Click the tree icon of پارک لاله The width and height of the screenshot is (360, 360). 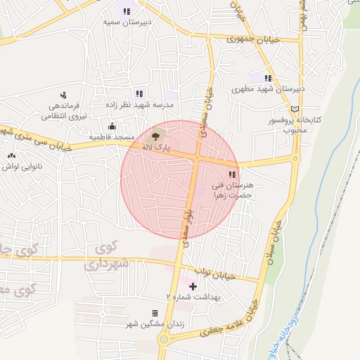pyautogui.click(x=155, y=135)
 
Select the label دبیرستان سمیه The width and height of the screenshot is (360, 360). pyautogui.click(x=127, y=22)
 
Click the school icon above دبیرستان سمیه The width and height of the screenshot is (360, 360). pyautogui.click(x=127, y=11)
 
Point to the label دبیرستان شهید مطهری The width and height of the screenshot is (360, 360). pyautogui.click(x=268, y=90)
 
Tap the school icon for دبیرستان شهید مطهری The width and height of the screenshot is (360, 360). pyautogui.click(x=267, y=78)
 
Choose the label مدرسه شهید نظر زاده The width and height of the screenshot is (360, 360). pyautogui.click(x=139, y=105)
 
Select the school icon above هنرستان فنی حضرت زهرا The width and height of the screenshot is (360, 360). pyautogui.click(x=232, y=174)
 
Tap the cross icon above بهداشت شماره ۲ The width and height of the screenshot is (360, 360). pyautogui.click(x=193, y=286)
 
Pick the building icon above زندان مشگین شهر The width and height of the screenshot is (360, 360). pyautogui.click(x=155, y=313)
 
